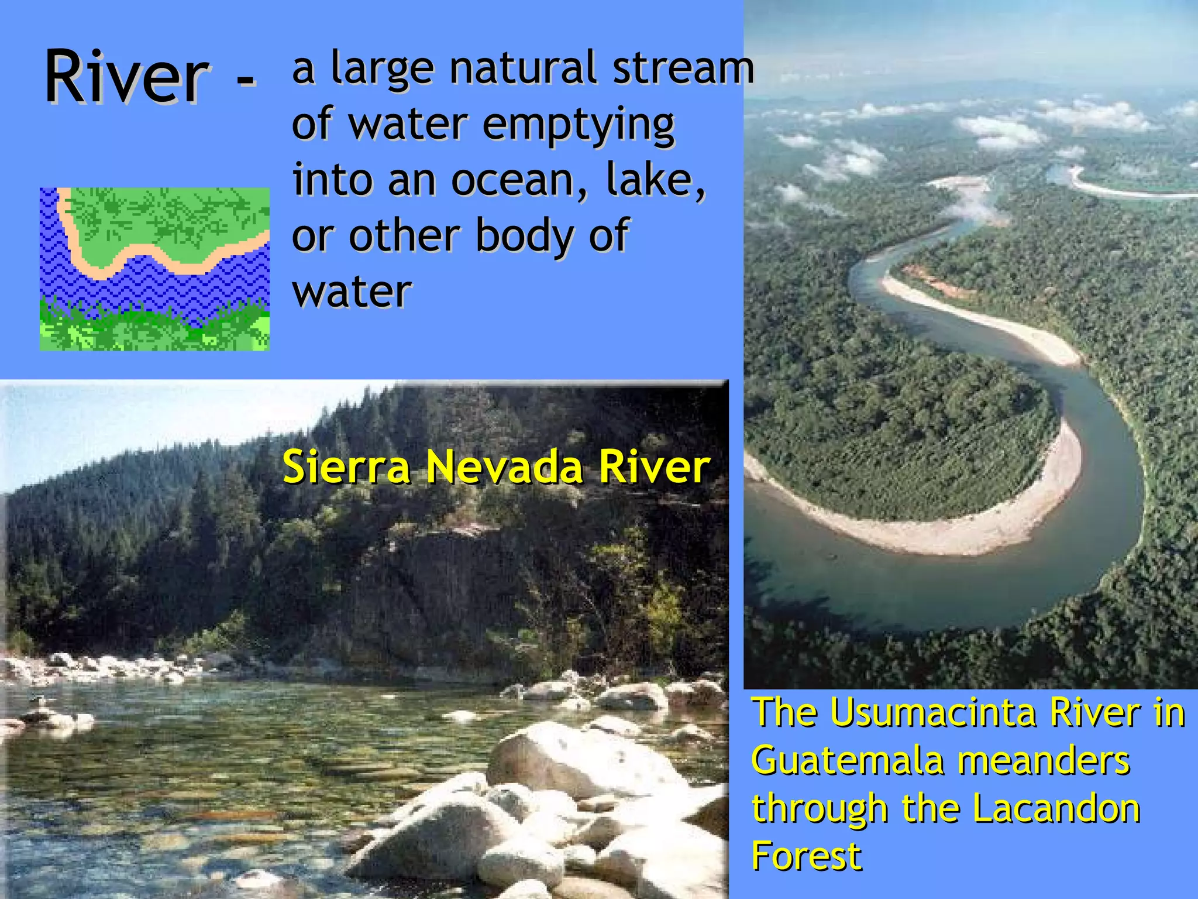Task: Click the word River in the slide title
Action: pos(126,77)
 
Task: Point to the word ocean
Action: pos(518,180)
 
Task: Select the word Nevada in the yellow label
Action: pos(504,467)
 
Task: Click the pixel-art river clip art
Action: pos(154,269)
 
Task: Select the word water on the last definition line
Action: pos(352,291)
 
